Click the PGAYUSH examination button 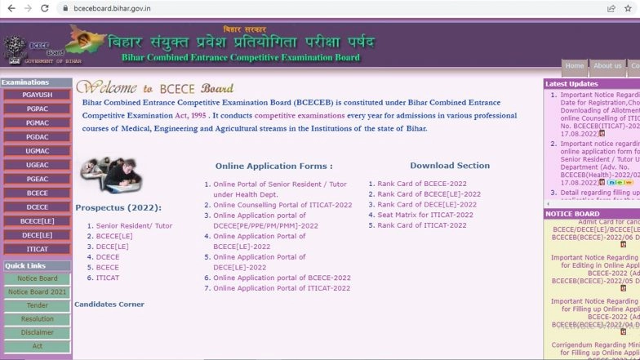click(37, 96)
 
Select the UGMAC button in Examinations click(37, 151)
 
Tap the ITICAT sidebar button click(37, 249)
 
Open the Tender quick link click(37, 305)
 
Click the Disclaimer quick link click(37, 332)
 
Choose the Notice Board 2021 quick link click(37, 291)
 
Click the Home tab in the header click(575, 66)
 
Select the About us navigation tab click(607, 66)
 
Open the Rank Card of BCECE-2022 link click(421, 184)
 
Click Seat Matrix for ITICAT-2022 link click(424, 215)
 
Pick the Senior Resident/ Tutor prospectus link click(134, 225)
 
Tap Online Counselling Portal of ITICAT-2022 click(282, 205)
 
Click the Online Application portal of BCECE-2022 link click(282, 278)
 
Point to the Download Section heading click(450, 166)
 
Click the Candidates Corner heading click(109, 304)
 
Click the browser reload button click(47, 8)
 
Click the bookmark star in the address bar click(628, 8)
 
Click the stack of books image click(111, 175)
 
